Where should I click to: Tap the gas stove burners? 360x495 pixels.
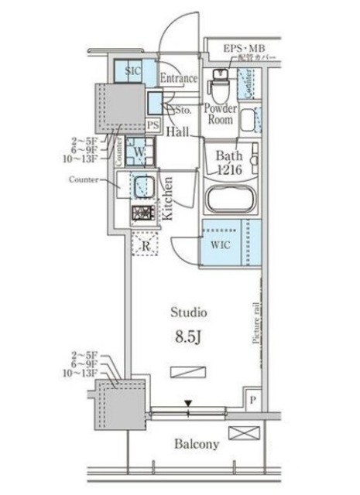[x=143, y=213]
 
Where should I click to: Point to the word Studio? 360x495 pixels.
[x=188, y=313]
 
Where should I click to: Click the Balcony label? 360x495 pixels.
[x=197, y=444]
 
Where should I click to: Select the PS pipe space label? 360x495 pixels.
[x=153, y=125]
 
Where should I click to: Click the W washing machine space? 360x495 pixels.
[x=136, y=151]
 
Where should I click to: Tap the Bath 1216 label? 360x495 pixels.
[x=230, y=161]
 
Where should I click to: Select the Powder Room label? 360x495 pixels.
[x=219, y=115]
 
